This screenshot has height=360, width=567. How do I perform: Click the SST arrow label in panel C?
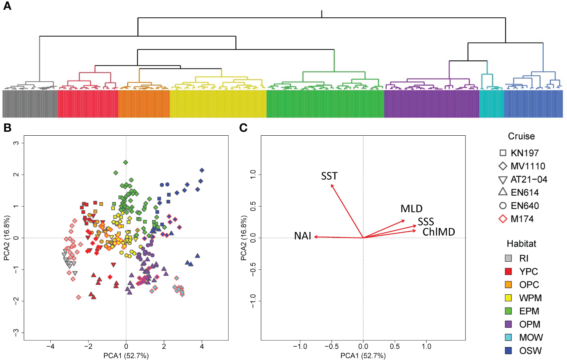coord(329,176)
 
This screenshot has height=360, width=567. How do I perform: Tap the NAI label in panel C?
coord(303,236)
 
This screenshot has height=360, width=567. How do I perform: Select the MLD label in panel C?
coord(411,209)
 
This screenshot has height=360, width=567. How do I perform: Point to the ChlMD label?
coord(439,232)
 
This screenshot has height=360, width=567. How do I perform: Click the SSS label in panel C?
coord(426,222)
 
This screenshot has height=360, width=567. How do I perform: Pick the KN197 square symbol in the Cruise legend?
coord(503,153)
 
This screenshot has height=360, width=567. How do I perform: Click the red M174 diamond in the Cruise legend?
coord(503,219)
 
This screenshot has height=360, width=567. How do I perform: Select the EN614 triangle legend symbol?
coord(503,192)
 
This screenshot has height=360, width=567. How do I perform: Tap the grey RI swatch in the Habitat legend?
coord(508,259)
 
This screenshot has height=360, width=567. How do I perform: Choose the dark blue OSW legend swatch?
coord(508,351)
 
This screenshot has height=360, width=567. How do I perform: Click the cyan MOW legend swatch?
coord(508,337)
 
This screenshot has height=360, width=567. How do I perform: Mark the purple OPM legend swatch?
coord(508,324)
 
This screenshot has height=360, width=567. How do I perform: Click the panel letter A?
coord(7,6)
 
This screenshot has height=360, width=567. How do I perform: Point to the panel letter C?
coord(243,128)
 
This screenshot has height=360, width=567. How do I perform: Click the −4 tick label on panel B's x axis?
coord(50,346)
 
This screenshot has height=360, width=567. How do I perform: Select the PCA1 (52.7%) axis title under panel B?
coord(126,356)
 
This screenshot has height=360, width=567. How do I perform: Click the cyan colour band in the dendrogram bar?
coord(491,104)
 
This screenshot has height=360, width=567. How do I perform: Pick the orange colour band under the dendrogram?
coord(144,104)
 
